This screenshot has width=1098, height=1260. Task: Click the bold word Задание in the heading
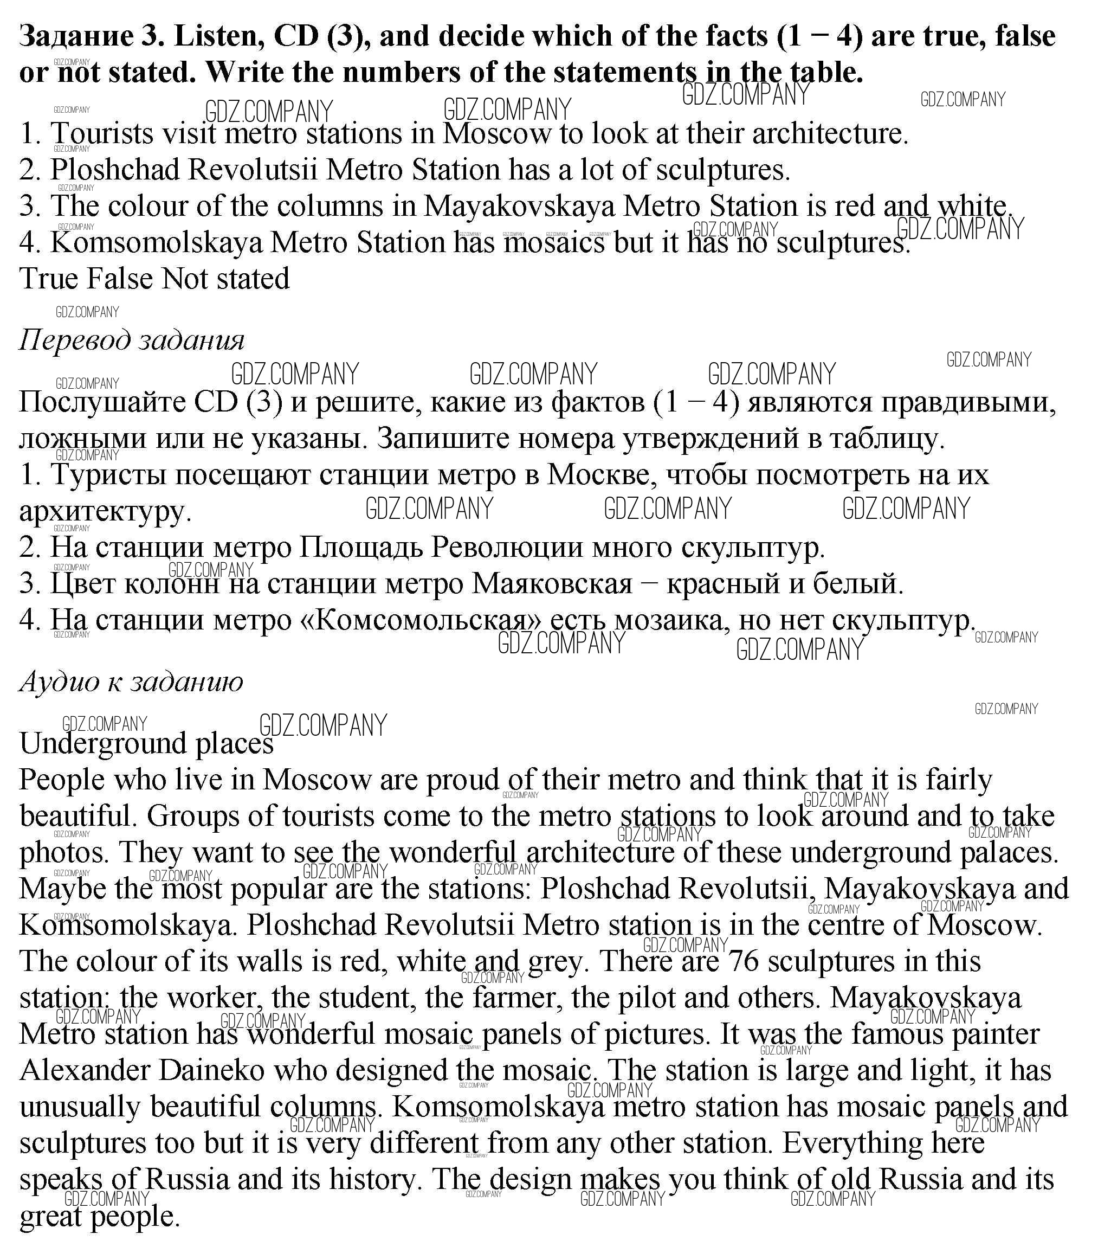[x=76, y=37]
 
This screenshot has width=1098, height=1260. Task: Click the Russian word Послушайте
[x=102, y=402]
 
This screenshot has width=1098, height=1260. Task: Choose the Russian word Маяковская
[x=552, y=583]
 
